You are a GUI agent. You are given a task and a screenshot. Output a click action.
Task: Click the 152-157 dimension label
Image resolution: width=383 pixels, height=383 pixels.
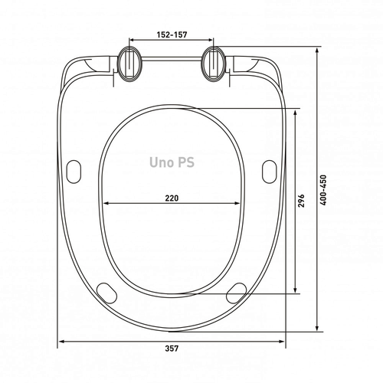(x=172, y=34)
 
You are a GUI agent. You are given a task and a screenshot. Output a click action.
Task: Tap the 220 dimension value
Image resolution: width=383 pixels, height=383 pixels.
(x=172, y=198)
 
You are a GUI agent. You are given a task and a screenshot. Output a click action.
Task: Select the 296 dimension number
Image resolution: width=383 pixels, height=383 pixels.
(x=302, y=201)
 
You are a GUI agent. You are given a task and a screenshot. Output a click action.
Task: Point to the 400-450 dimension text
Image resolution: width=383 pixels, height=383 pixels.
(x=323, y=190)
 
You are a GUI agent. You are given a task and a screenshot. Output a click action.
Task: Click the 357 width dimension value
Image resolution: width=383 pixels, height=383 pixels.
(x=172, y=349)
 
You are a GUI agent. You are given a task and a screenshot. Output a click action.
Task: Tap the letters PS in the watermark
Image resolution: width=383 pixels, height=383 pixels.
(x=185, y=162)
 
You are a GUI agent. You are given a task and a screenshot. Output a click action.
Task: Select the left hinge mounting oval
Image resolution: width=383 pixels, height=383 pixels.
(x=129, y=64)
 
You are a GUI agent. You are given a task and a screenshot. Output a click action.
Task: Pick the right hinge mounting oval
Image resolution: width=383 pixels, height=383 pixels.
(x=214, y=64)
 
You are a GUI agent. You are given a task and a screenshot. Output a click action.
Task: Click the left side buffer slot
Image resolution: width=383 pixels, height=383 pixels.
(x=74, y=172)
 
